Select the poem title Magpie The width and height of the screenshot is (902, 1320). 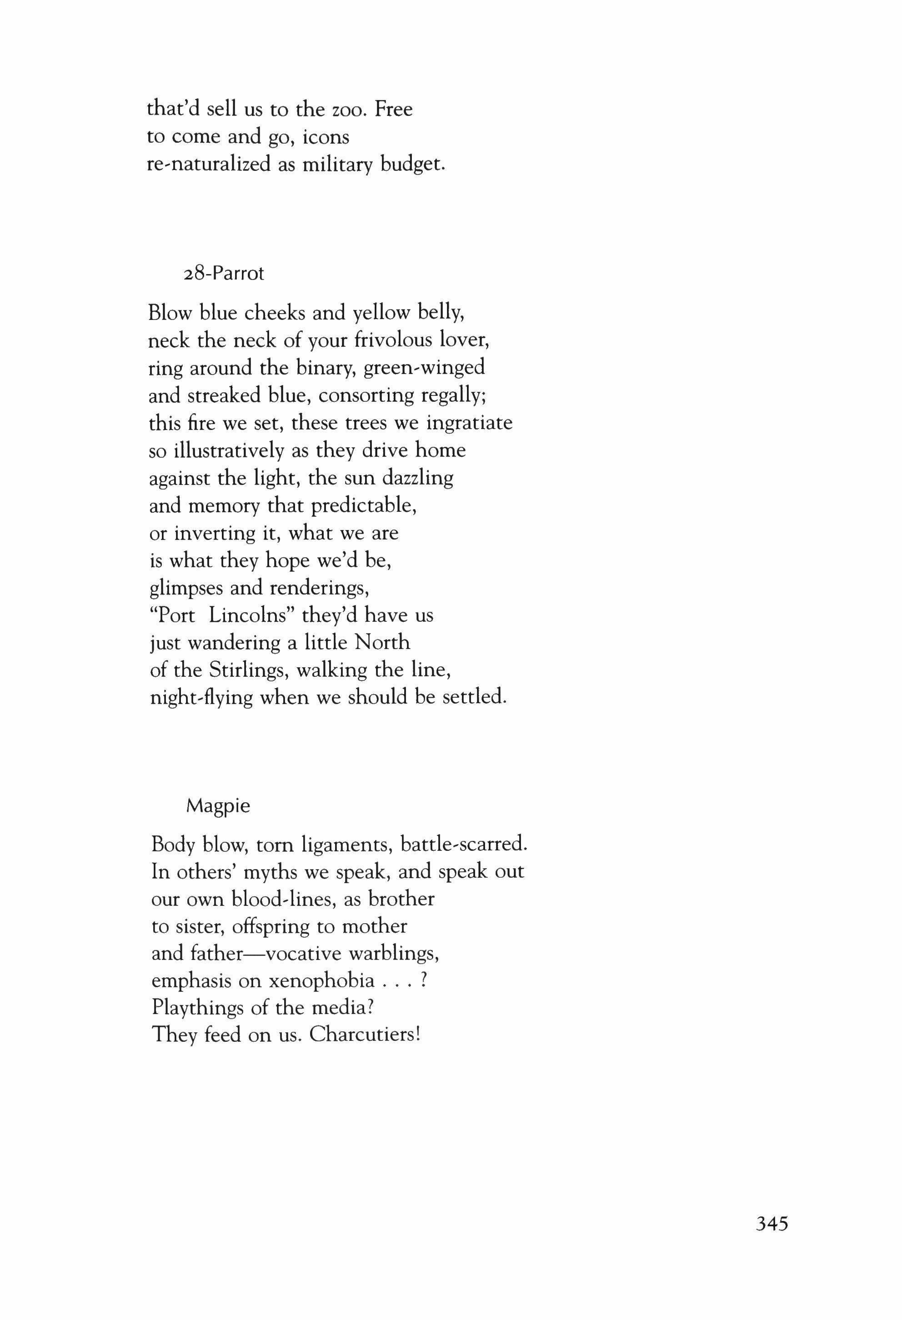point(218,806)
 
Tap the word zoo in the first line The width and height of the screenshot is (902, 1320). point(346,110)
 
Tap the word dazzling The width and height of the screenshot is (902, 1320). point(417,478)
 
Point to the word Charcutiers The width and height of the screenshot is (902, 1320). point(365,1034)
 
